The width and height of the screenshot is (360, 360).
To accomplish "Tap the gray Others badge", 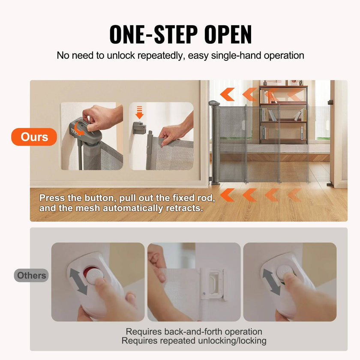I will click(x=31, y=276).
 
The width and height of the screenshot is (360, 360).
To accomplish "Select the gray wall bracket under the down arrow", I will click(x=138, y=127).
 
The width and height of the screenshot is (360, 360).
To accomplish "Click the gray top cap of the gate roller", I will click(x=214, y=103).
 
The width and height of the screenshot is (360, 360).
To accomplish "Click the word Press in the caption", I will click(x=51, y=198).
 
